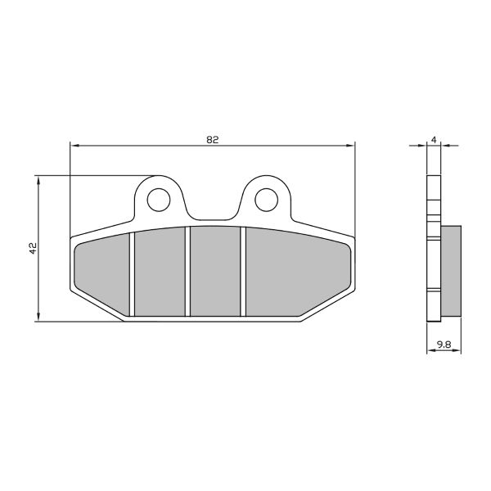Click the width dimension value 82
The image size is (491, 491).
pyautogui.click(x=212, y=139)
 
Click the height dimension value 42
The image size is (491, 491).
pyautogui.click(x=32, y=248)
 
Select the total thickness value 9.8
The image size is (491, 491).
pyautogui.click(x=444, y=345)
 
